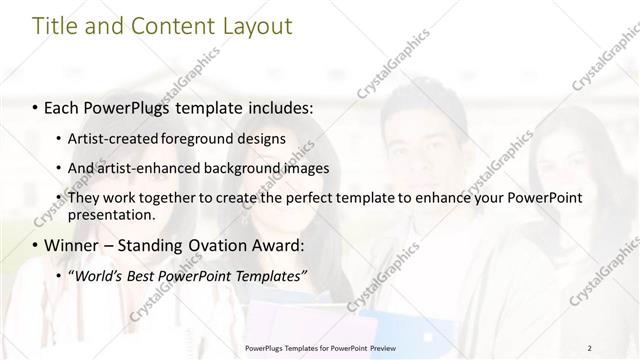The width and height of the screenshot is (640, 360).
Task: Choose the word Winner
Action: point(70,245)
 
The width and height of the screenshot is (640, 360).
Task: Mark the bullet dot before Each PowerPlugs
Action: point(36,105)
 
